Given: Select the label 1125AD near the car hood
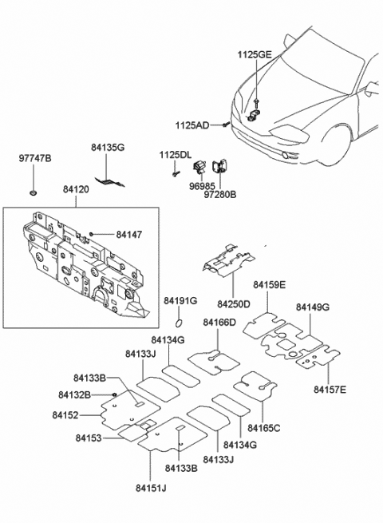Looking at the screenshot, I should pyautogui.click(x=193, y=125).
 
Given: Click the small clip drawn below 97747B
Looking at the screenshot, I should pyautogui.click(x=34, y=192).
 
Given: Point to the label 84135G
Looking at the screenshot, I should pyautogui.click(x=108, y=148).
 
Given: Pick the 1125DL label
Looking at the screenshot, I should pyautogui.click(x=175, y=154).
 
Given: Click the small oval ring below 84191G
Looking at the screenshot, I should pyautogui.click(x=180, y=323).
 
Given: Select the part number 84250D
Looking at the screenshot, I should pyautogui.click(x=233, y=304).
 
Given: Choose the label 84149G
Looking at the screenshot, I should pyautogui.click(x=312, y=307).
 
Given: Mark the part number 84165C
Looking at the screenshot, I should pyautogui.click(x=264, y=428).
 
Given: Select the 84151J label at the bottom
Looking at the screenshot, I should pyautogui.click(x=150, y=488).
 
